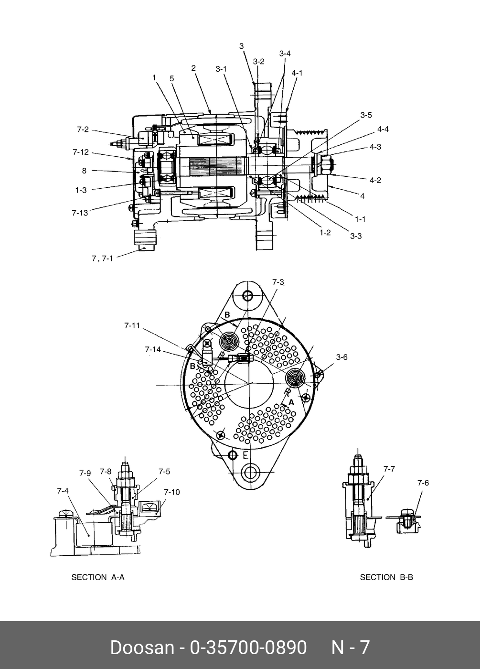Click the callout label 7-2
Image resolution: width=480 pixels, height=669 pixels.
click(83, 129)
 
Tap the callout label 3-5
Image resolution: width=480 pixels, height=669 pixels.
click(366, 115)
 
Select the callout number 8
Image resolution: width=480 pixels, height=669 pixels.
click(84, 171)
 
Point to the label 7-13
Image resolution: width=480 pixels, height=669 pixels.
click(80, 213)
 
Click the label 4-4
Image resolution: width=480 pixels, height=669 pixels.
click(383, 129)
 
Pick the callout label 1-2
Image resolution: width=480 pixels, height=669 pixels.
click(325, 233)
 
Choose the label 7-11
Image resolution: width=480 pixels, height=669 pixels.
click(132, 325)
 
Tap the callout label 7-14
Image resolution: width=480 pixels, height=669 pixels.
click(153, 350)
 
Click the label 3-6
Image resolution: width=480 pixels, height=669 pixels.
click(341, 356)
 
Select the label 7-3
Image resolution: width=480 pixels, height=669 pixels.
click(278, 282)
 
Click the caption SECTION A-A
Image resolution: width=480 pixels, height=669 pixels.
click(98, 577)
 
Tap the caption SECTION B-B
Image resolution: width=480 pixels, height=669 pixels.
click(386, 577)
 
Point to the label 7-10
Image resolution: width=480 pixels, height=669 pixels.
click(171, 492)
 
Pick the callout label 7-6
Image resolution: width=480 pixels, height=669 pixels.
click(423, 483)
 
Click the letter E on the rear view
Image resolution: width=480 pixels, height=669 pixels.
click(245, 454)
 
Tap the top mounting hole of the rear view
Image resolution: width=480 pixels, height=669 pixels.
click(247, 296)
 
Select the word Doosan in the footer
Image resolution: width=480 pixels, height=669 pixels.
click(142, 647)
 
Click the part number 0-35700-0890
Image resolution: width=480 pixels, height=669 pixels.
click(248, 647)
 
